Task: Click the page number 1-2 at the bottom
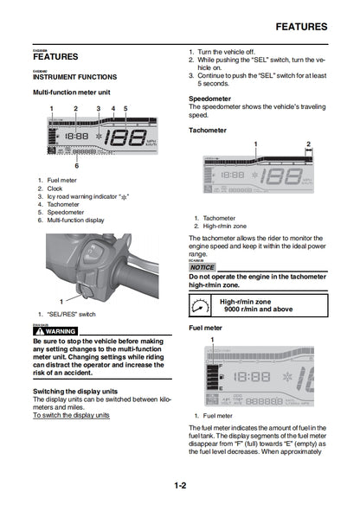[x=179, y=486]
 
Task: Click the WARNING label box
[x=55, y=331]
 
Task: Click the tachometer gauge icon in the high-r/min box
[x=199, y=304]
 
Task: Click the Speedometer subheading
[x=209, y=99]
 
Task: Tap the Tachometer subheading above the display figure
[x=208, y=131]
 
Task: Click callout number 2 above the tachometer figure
[x=309, y=144]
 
